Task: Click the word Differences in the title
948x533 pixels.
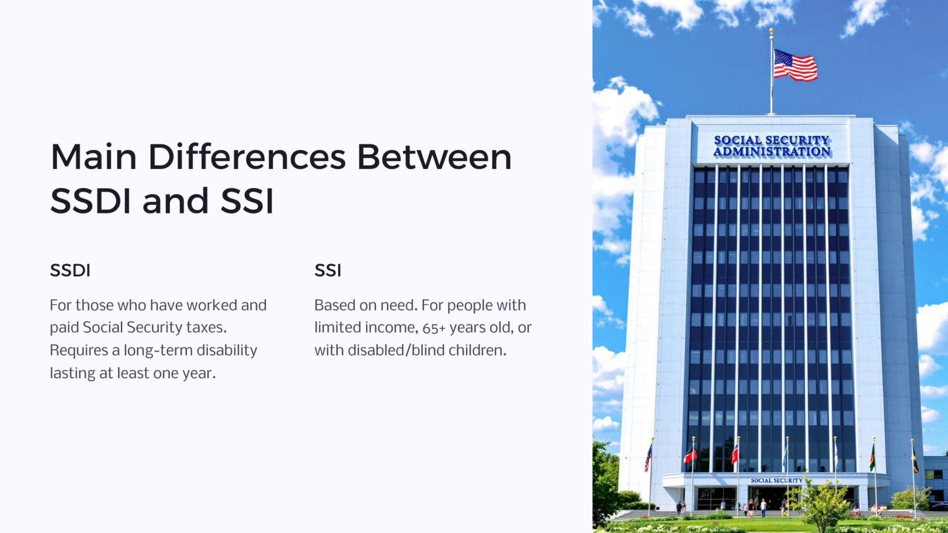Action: click(246, 157)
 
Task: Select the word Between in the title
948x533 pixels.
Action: click(434, 157)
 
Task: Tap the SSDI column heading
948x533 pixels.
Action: click(70, 270)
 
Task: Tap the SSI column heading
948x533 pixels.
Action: click(328, 270)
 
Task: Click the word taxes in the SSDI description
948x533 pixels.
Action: click(206, 328)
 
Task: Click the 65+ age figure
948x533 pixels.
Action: click(434, 328)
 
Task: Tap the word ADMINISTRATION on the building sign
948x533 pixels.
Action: click(772, 152)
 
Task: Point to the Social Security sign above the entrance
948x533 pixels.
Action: click(776, 480)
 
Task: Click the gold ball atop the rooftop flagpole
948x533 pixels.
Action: click(771, 30)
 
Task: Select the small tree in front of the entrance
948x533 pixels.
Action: click(821, 503)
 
